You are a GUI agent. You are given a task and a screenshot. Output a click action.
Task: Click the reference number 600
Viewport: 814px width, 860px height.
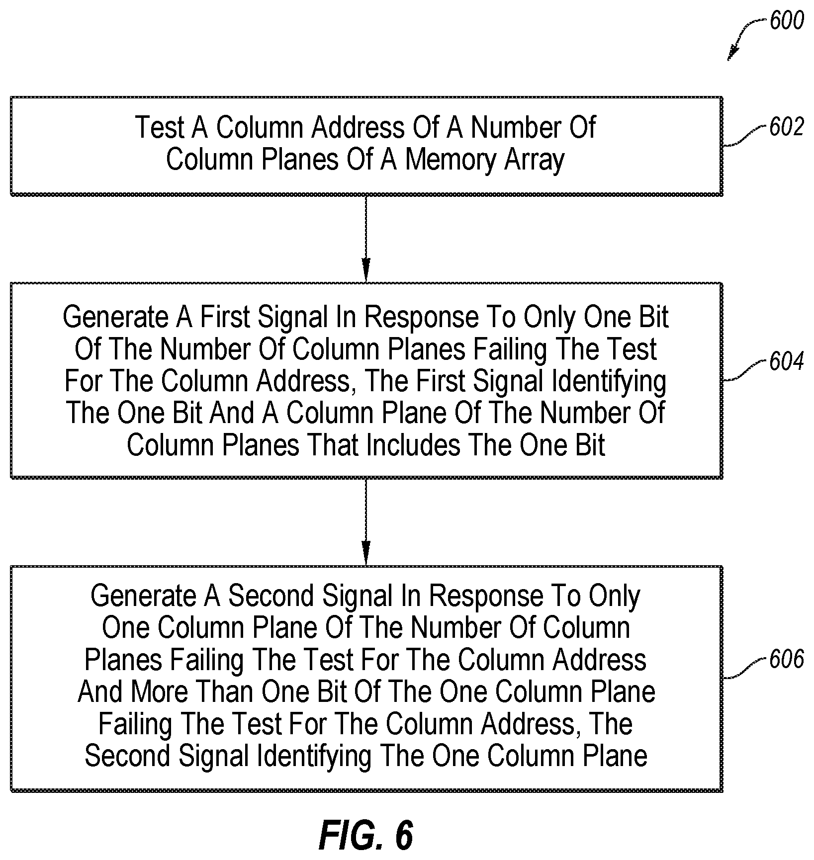click(786, 21)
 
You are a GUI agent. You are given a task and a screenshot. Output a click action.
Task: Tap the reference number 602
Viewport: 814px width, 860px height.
click(786, 128)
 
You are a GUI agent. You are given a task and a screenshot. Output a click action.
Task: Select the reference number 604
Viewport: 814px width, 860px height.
click(786, 362)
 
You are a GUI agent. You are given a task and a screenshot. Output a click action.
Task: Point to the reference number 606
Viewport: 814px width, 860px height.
click(786, 660)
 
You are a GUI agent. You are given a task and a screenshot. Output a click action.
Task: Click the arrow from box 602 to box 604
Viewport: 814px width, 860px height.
click(366, 239)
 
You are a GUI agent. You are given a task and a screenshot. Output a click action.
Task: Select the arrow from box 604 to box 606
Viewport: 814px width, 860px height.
click(366, 522)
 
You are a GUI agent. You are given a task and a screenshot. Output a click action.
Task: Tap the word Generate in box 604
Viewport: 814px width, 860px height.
click(116, 317)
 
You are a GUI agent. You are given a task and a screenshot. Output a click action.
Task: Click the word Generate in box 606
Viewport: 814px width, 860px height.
click(144, 596)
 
